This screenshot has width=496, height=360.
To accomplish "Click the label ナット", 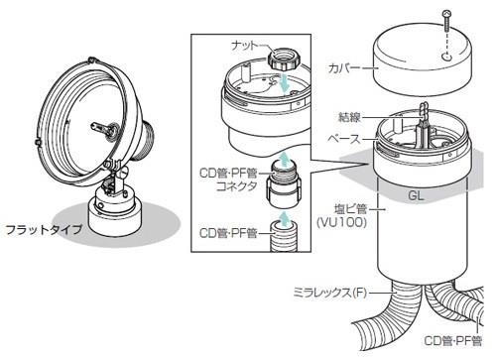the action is (x=244, y=46).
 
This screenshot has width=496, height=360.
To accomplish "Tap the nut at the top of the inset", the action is (x=284, y=59).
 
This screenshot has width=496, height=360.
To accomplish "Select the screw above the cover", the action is (x=446, y=21).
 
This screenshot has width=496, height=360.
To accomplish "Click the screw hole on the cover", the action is (x=446, y=58).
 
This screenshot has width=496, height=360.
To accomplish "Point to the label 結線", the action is (x=349, y=117).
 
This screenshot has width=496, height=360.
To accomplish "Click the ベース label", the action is (x=344, y=139).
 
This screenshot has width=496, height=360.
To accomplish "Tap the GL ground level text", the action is (x=416, y=195).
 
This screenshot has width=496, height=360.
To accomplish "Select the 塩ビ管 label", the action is (x=350, y=209).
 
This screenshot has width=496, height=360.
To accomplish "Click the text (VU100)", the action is (x=342, y=222).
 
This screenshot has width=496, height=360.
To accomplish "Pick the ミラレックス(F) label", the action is (x=330, y=293).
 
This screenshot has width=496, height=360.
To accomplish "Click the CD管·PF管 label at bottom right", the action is (x=453, y=341).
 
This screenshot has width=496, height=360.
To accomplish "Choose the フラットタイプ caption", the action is (x=44, y=229).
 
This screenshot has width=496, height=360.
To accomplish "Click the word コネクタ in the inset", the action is (x=236, y=186).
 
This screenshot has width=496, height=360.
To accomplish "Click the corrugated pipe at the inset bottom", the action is (x=284, y=236).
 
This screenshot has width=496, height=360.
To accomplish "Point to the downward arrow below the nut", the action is (x=284, y=82).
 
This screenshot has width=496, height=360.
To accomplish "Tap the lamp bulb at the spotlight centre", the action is (x=105, y=129).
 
